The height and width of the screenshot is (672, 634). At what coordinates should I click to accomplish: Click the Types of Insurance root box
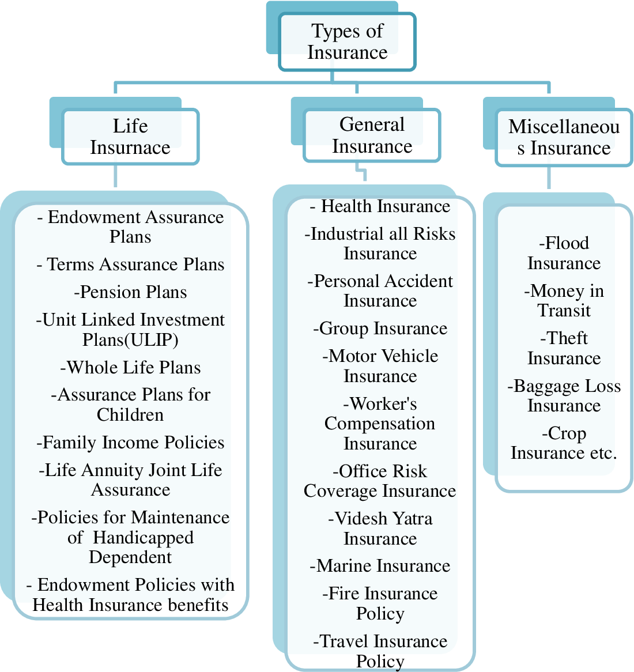pos(347,42)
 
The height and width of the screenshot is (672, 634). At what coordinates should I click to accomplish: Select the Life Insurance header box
pos(130,137)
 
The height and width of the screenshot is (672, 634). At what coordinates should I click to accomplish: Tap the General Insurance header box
pos(372,135)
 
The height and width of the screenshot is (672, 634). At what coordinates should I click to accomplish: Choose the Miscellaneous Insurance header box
pos(564,138)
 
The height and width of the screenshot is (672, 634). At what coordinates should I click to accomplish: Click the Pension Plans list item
pos(130,292)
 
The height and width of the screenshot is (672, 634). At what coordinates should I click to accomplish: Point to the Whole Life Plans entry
pos(130,368)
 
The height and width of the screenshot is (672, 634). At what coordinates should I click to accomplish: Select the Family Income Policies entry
pos(130,443)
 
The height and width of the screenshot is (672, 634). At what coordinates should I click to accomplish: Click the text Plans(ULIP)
pos(130,340)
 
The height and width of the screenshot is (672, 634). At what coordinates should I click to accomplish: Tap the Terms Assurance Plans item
pos(130,265)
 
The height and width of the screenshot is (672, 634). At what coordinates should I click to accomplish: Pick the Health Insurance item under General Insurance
pos(380,206)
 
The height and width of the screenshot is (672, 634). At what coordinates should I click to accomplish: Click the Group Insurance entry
pos(380,329)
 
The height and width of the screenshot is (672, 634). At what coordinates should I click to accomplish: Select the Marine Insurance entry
pos(380,566)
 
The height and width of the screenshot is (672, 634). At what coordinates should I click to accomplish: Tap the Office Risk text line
pos(380,471)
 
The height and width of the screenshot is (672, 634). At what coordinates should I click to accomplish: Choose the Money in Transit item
pos(564,301)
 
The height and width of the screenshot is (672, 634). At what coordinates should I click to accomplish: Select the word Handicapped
pos(143,538)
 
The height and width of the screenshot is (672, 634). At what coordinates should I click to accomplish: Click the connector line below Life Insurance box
pos(116,176)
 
